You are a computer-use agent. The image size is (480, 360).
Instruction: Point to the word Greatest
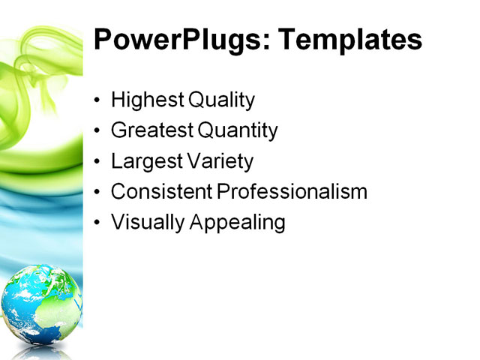pyautogui.click(x=151, y=131)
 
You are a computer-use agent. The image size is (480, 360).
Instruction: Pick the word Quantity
pyautogui.click(x=238, y=131)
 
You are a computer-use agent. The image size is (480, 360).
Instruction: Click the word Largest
pyautogui.click(x=144, y=161)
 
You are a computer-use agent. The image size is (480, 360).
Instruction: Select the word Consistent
pyautogui.click(x=161, y=192)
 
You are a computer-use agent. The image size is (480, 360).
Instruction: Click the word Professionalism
pyautogui.click(x=292, y=192)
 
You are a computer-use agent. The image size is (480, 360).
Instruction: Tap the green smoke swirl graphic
pyautogui.click(x=34, y=82)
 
